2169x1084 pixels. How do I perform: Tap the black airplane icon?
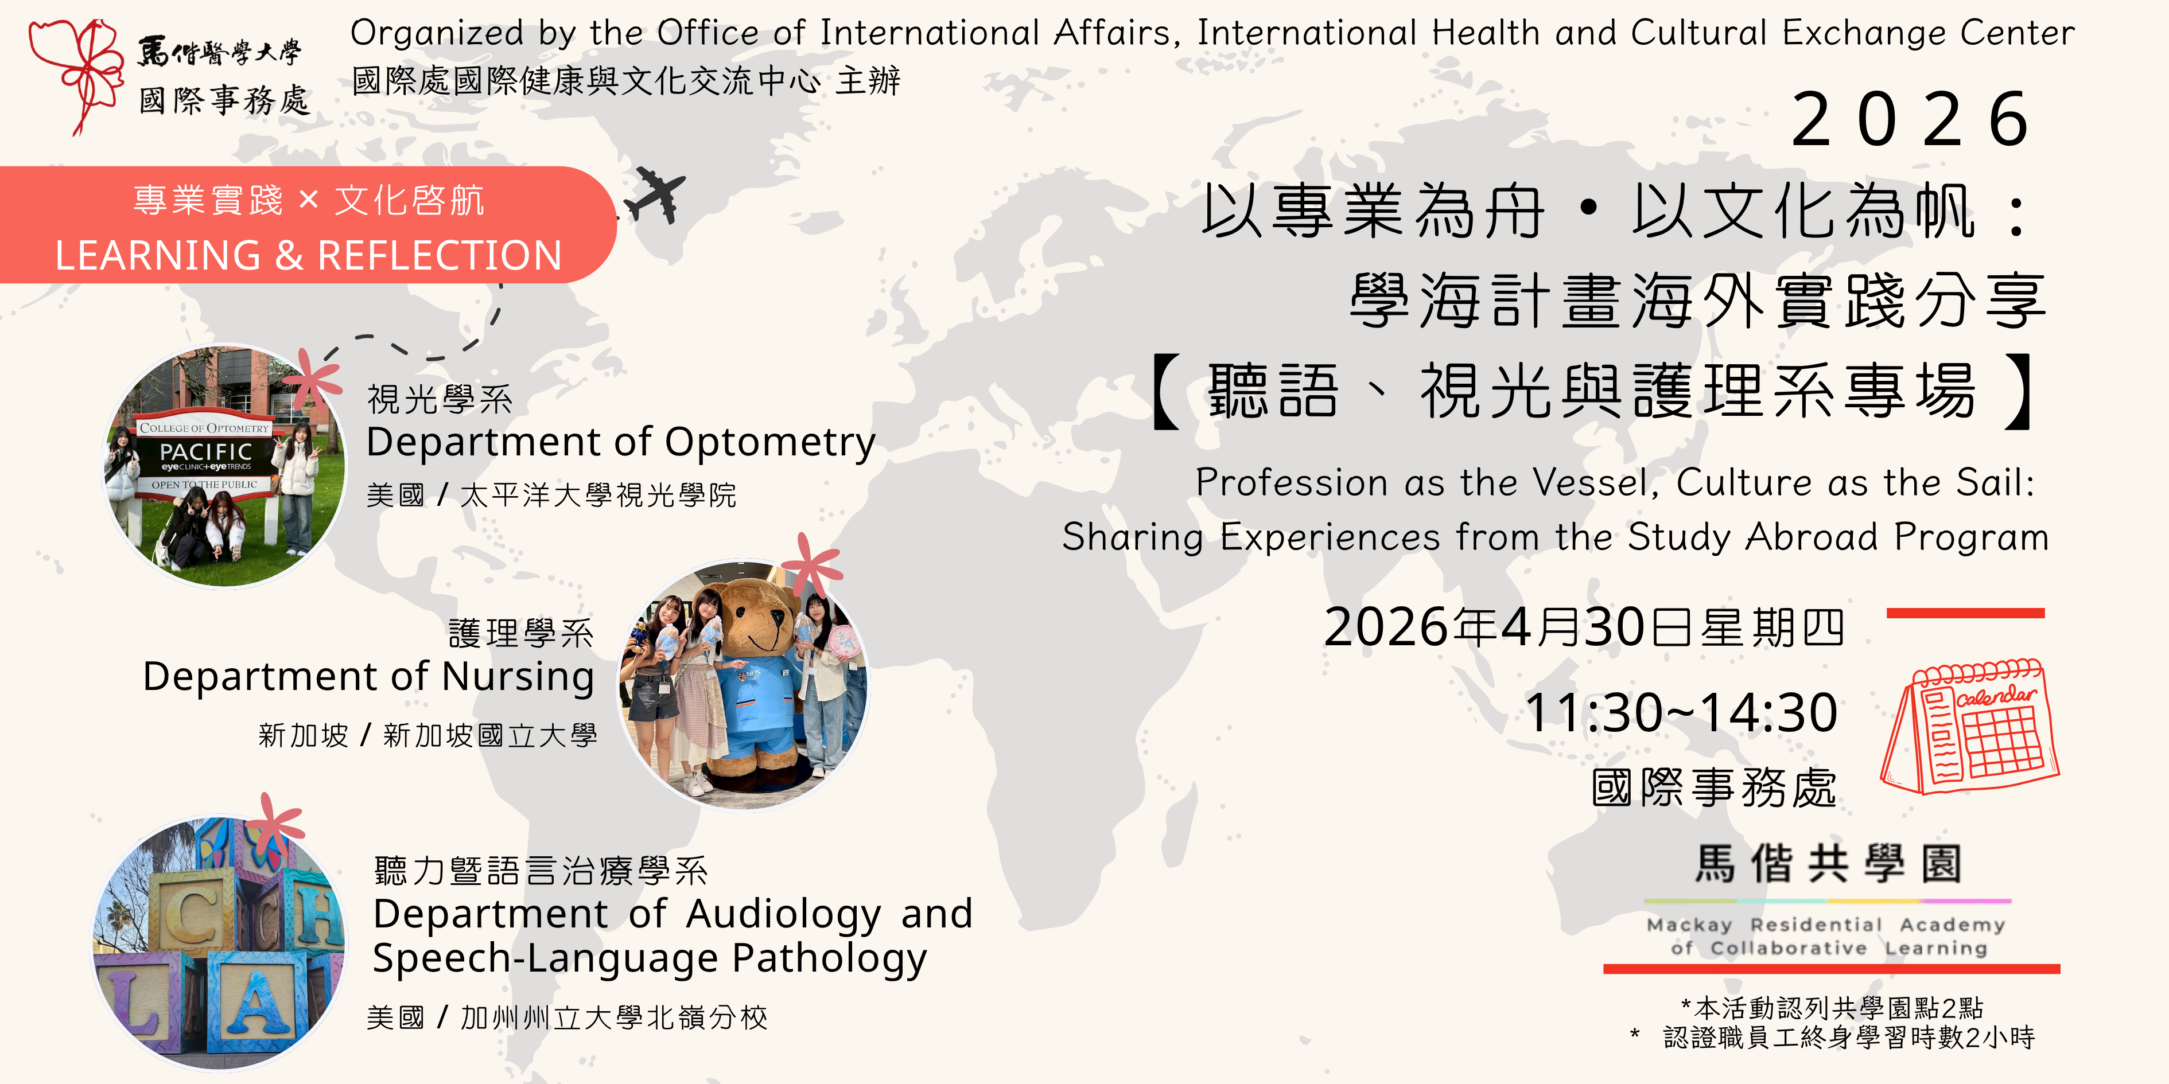coord(655,195)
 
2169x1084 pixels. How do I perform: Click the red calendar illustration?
coord(1970,726)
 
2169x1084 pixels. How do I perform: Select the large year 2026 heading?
coord(1911,119)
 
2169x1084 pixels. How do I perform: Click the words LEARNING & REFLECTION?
coord(308,255)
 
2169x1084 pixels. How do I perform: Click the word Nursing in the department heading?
coord(518,677)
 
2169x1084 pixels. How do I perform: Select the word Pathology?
coord(829,958)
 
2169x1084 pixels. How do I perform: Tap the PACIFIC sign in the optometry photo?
coord(205,453)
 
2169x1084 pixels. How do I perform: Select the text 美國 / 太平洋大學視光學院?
coord(551,495)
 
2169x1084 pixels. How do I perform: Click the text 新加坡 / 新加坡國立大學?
coord(427,735)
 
